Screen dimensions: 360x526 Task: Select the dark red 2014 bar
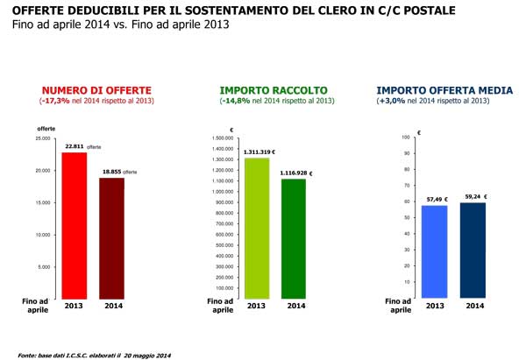coord(111,236)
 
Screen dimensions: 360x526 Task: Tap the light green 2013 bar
coord(257,228)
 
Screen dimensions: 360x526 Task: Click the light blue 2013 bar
coord(434,250)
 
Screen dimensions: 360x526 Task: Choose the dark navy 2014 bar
coord(473,249)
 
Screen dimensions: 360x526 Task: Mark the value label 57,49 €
coord(437,198)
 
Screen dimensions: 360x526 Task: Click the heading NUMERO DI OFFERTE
coord(96,89)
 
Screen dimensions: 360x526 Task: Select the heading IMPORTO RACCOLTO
coord(274,89)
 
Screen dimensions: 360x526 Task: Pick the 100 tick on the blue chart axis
coord(405,138)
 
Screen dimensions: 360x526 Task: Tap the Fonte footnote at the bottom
coord(96,354)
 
